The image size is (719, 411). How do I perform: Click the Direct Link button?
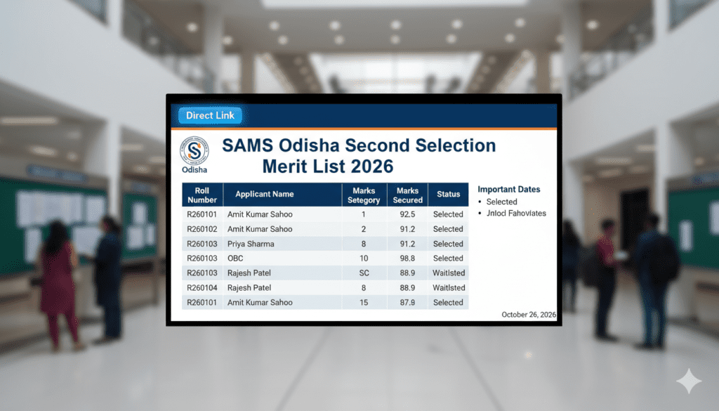pyautogui.click(x=210, y=115)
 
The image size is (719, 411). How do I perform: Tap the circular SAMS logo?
pyautogui.click(x=194, y=150)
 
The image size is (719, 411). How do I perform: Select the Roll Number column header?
pyautogui.click(x=202, y=194)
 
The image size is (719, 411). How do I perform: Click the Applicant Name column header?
pyautogui.click(x=265, y=194)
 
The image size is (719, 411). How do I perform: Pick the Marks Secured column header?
pyautogui.click(x=407, y=195)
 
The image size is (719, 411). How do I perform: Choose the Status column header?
pyautogui.click(x=448, y=195)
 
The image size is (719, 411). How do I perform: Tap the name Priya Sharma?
pyautogui.click(x=251, y=244)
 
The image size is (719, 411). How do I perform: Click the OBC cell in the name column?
pyautogui.click(x=236, y=259)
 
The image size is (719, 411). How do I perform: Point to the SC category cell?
pyautogui.click(x=364, y=273)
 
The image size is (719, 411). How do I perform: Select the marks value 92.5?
pyautogui.click(x=407, y=214)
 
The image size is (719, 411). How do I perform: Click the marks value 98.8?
pyautogui.click(x=407, y=259)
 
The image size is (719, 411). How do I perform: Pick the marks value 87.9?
pyautogui.click(x=407, y=303)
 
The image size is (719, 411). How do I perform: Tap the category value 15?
pyautogui.click(x=364, y=303)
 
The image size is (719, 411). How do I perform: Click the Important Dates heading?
pyautogui.click(x=509, y=190)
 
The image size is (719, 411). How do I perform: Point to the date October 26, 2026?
pyautogui.click(x=528, y=315)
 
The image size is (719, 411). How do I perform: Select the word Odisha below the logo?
pyautogui.click(x=194, y=169)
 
